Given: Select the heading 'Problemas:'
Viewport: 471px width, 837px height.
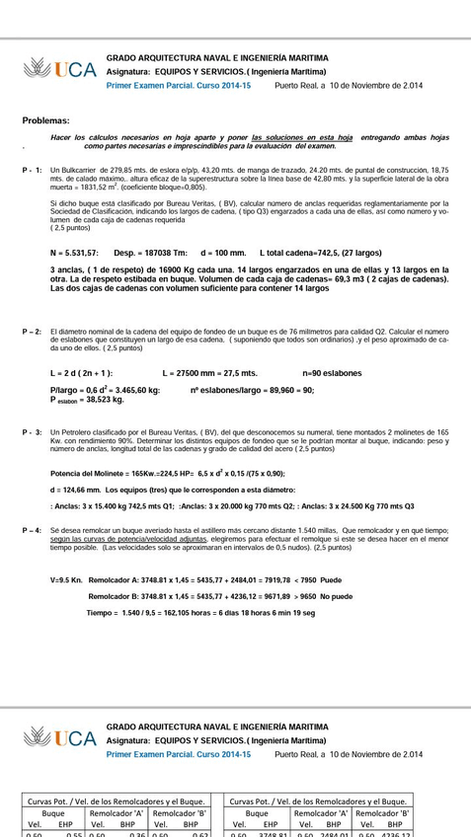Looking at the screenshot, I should (x=46, y=119).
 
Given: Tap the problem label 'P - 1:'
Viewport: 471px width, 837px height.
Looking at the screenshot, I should (x=33, y=170).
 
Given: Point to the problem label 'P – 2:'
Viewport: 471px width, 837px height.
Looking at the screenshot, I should (x=33, y=332).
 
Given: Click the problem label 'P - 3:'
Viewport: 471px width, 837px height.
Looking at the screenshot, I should (x=33, y=432).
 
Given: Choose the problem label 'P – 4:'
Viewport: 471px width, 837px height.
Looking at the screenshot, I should (x=33, y=531).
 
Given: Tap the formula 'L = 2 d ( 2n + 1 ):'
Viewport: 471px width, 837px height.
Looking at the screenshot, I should (x=81, y=373).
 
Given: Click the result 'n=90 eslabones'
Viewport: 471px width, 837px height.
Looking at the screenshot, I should (x=332, y=373).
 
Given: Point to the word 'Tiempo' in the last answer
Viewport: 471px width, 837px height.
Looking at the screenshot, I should (x=101, y=613).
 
